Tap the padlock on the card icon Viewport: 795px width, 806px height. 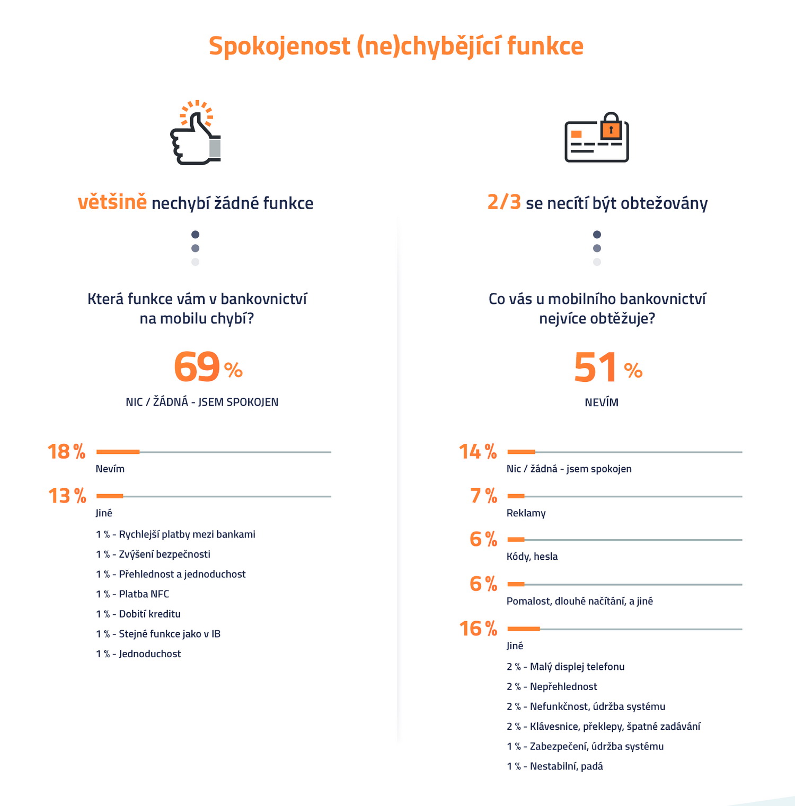(x=611, y=126)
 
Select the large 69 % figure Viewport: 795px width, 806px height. (x=207, y=367)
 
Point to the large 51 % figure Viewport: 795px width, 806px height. (x=607, y=368)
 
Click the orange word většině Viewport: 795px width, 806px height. (x=112, y=202)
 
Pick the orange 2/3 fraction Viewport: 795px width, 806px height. (x=504, y=202)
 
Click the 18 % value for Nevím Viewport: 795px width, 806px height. (x=66, y=452)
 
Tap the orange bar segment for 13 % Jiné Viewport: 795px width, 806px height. (x=110, y=496)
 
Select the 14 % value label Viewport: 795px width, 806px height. (x=478, y=452)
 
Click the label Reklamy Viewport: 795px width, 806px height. (x=526, y=513)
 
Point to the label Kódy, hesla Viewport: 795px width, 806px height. (x=532, y=556)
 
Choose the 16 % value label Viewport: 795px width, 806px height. (x=478, y=629)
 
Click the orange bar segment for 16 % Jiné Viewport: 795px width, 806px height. (x=524, y=629)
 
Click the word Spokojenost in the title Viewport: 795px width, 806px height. (x=279, y=46)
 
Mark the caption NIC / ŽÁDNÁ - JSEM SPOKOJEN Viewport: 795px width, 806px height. (x=202, y=402)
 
